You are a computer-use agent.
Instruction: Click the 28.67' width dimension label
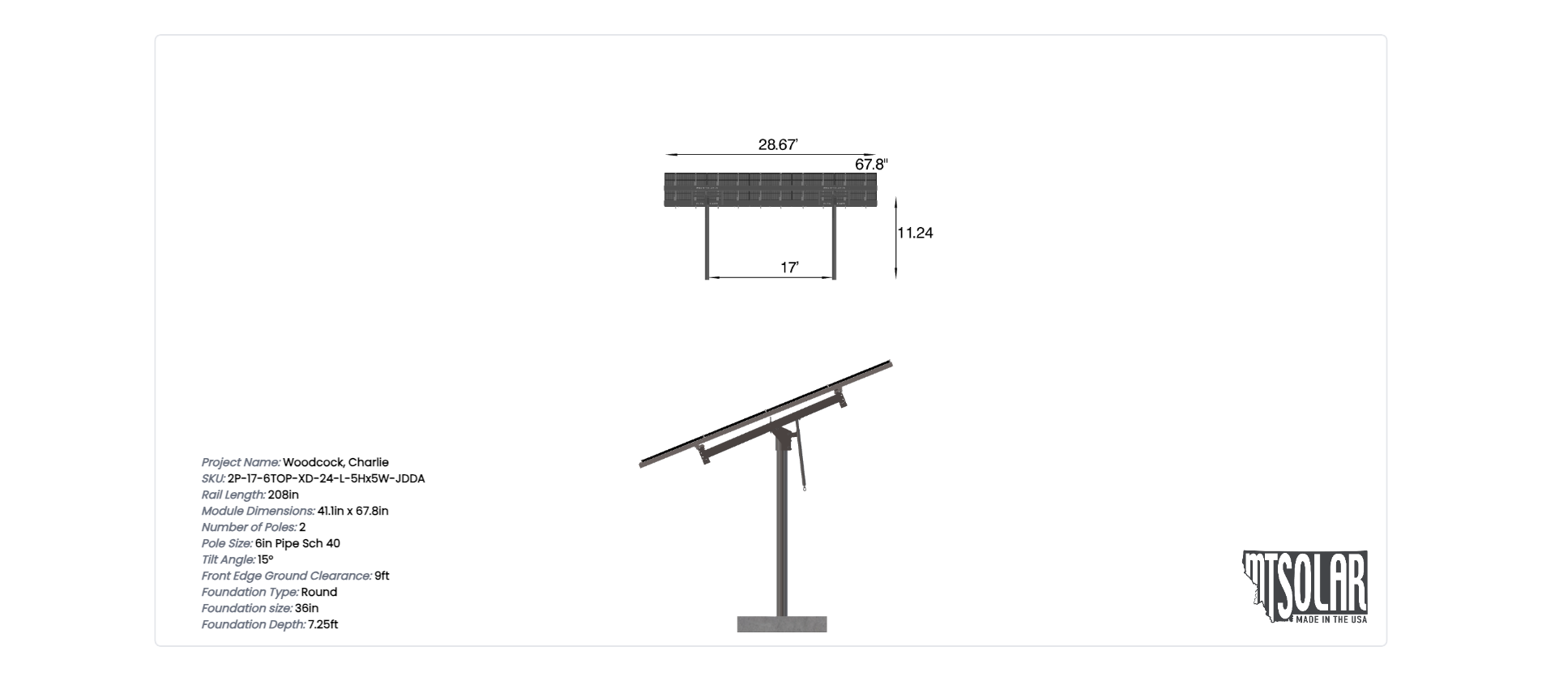(x=778, y=145)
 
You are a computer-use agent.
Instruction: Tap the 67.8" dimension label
(x=872, y=165)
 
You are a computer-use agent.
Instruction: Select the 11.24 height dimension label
(x=915, y=233)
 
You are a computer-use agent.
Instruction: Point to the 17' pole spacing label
(x=790, y=268)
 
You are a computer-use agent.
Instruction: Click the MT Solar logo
(x=1305, y=587)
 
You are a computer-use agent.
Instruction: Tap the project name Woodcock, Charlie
(x=335, y=462)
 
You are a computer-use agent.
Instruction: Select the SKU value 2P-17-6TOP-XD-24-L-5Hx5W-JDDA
(x=326, y=478)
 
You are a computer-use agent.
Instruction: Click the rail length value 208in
(x=283, y=495)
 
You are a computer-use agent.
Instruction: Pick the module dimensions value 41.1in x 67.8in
(x=352, y=511)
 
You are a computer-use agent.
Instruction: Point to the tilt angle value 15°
(x=265, y=559)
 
